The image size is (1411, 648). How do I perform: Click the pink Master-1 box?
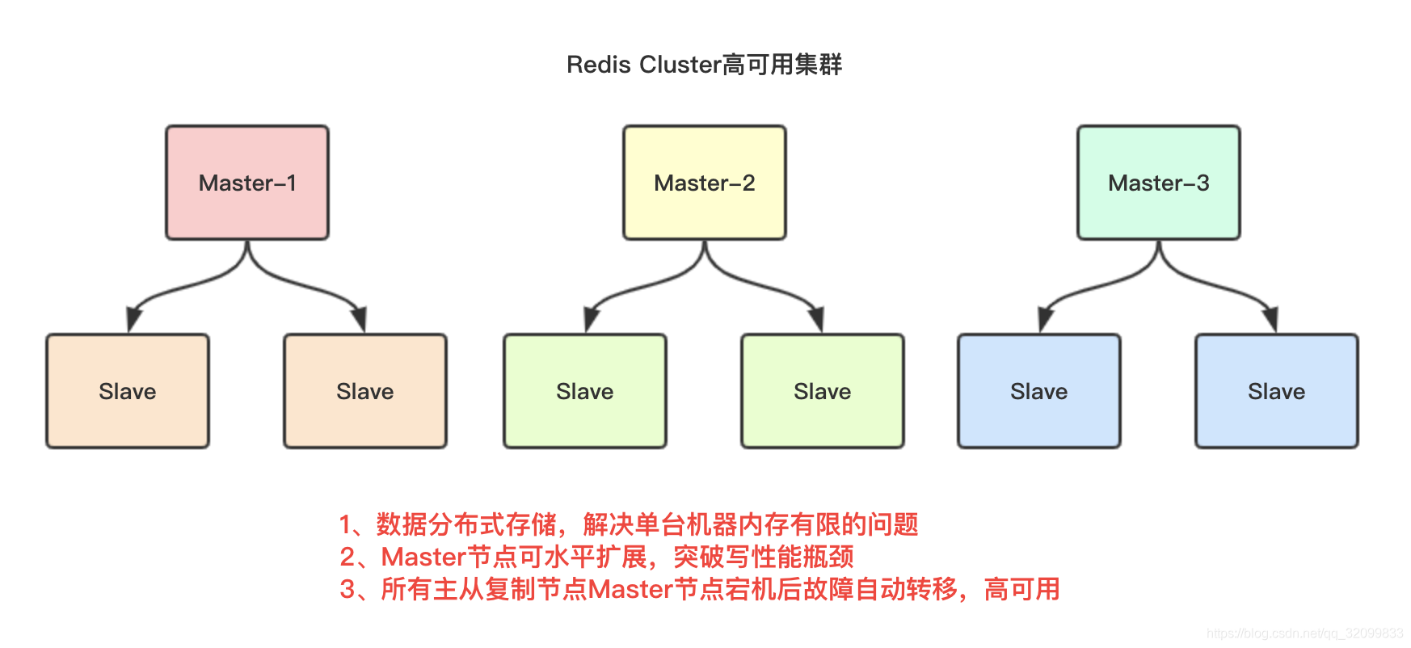coord(247,183)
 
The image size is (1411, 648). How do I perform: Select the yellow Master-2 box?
coord(704,183)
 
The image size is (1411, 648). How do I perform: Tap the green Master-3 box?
coord(1158,183)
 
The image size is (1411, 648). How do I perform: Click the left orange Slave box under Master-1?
coord(128,391)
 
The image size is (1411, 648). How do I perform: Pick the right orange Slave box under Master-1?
coord(364,391)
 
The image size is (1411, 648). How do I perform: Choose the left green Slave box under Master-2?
coord(584,391)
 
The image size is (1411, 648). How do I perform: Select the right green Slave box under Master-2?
coord(822,391)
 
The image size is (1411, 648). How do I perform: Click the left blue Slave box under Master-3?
coord(1038,391)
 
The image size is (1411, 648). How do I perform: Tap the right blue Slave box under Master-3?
coord(1276,391)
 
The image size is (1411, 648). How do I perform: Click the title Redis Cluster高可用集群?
coord(704,65)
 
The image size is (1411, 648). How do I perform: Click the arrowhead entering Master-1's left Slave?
coord(133,320)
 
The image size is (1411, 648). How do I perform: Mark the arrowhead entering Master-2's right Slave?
coord(817,320)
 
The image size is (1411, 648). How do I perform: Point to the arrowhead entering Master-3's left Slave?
coord(1045,320)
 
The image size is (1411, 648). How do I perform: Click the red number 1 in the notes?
coord(346,525)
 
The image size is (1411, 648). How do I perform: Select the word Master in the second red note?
coord(423,558)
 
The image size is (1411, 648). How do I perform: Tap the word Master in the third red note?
coord(630,590)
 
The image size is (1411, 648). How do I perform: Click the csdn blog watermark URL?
coord(1304,633)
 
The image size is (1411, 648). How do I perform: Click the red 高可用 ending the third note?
coord(1021,590)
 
